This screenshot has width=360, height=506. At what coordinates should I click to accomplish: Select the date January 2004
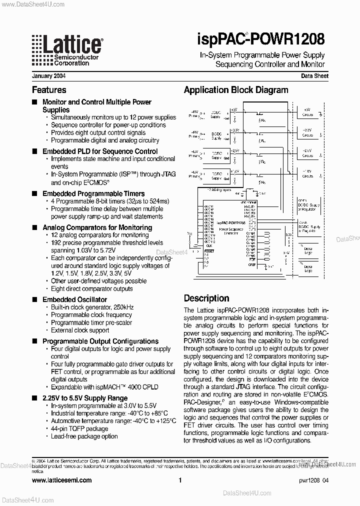pos(48,76)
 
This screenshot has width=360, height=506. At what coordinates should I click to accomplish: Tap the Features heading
pos(49,90)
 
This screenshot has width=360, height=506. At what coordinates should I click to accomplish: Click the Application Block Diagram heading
pos(236,90)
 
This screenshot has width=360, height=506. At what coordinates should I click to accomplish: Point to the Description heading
pos(206,298)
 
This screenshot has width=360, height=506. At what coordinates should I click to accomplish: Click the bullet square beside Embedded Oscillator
pos(34,299)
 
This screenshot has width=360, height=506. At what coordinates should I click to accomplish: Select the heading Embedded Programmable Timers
pos(93,193)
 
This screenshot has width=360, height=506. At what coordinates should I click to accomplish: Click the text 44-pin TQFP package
pos(79,428)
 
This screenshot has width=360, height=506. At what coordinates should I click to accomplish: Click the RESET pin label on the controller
pos(209,251)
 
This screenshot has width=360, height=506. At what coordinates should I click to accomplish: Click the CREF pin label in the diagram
pos(251,264)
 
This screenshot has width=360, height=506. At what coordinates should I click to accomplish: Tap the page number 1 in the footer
pos(179,480)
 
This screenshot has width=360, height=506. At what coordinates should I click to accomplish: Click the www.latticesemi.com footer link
pos(61,480)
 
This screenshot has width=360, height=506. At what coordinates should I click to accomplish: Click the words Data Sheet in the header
pos(314,76)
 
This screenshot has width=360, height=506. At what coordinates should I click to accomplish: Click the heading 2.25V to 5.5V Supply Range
pos(85,398)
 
